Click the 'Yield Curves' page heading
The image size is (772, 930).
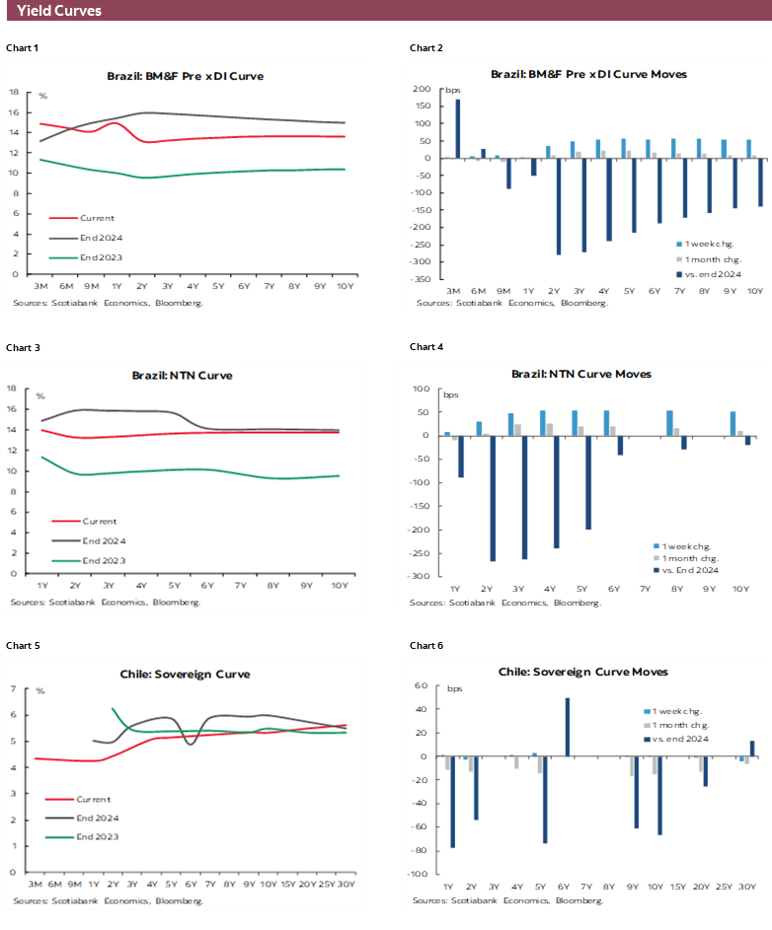(x=59, y=11)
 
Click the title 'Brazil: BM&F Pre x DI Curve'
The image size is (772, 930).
(x=185, y=75)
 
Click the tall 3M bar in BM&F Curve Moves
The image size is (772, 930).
(x=457, y=128)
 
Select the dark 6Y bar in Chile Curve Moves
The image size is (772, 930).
(x=568, y=727)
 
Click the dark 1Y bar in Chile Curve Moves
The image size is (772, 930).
(x=453, y=802)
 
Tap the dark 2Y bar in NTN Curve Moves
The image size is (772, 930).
(x=491, y=498)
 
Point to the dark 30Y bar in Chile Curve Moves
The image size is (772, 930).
(x=752, y=749)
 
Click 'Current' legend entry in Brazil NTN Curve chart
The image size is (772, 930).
(x=99, y=521)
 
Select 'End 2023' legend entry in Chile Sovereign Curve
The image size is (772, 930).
(x=98, y=838)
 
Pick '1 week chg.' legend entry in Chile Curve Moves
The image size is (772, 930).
(x=682, y=711)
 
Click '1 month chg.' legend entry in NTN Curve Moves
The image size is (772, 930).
(x=689, y=557)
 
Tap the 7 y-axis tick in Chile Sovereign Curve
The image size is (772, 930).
(x=13, y=689)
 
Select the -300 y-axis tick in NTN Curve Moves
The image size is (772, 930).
(x=421, y=576)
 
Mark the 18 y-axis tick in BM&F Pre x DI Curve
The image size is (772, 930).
(x=14, y=92)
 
